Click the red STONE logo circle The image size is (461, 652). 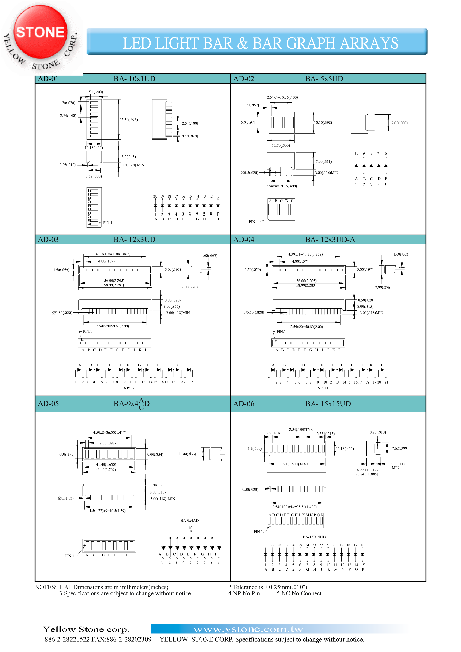click(x=40, y=32)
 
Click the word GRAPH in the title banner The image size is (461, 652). click(x=310, y=43)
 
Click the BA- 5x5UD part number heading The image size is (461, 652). click(x=324, y=79)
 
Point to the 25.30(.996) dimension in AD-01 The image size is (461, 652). click(x=129, y=120)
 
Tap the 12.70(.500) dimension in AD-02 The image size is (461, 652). click(x=280, y=145)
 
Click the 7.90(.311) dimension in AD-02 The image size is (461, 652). click(x=324, y=162)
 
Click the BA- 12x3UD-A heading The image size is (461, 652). click(x=330, y=239)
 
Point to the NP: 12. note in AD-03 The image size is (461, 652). click(x=130, y=388)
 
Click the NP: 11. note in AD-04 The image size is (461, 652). click(x=323, y=388)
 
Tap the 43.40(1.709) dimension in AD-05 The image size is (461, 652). click(x=106, y=470)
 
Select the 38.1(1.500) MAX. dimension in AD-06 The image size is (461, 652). click(x=295, y=464)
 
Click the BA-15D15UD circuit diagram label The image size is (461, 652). click(x=314, y=537)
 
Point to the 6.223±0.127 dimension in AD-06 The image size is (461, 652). click(x=367, y=470)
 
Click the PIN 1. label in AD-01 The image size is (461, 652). click(x=108, y=223)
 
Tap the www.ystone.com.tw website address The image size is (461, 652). click(x=248, y=629)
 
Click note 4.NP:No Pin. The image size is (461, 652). click(x=244, y=594)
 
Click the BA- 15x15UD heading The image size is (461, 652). click(x=328, y=404)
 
